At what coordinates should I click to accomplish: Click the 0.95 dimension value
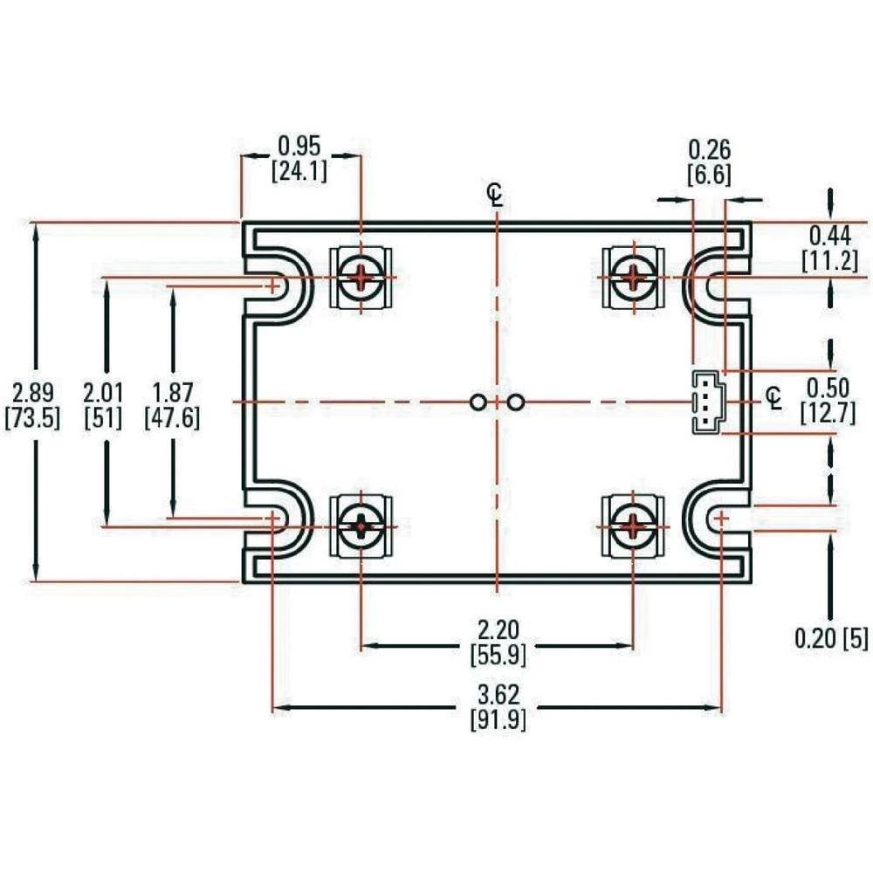click(x=299, y=144)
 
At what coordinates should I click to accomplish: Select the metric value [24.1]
click(x=299, y=171)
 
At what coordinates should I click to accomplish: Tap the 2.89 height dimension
click(x=32, y=390)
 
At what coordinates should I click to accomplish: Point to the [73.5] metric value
click(x=32, y=417)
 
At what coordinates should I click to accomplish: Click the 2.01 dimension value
click(x=103, y=390)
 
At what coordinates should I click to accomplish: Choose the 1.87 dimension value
click(x=172, y=390)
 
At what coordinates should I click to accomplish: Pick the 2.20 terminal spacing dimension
click(x=498, y=629)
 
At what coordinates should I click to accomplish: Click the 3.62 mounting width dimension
click(x=498, y=695)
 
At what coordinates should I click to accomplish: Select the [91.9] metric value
click(x=498, y=721)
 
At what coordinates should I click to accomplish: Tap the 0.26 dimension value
click(x=709, y=148)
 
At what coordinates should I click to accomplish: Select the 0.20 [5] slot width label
click(x=831, y=639)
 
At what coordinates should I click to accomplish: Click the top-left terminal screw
click(x=361, y=278)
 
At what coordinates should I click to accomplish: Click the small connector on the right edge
click(x=705, y=402)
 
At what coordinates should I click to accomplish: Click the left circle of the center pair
click(x=478, y=402)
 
